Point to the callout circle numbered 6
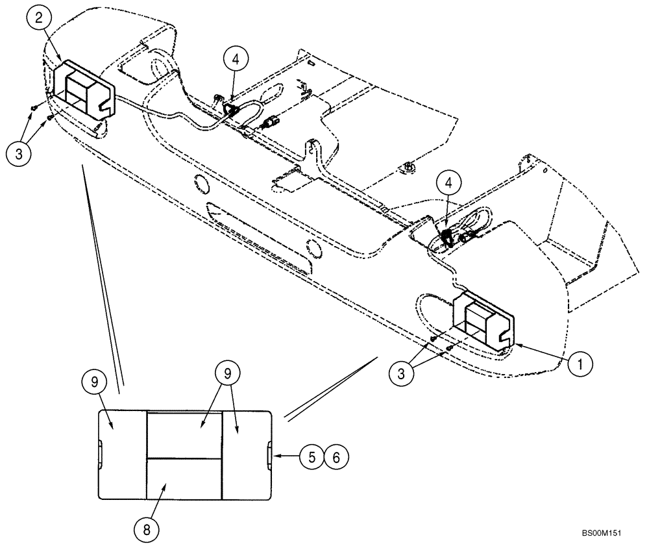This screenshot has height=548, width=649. (x=336, y=456)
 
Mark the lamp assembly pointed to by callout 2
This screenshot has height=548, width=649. (x=82, y=89)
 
